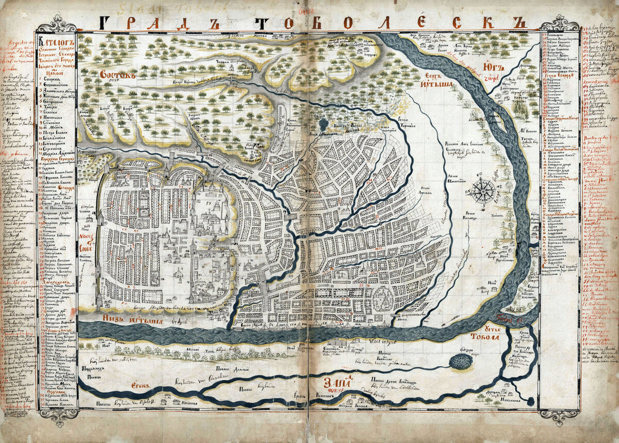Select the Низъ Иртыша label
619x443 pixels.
[133, 321]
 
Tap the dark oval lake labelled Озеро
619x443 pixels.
[460, 362]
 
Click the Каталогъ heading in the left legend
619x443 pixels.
[55, 42]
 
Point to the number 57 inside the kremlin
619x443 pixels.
[209, 203]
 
